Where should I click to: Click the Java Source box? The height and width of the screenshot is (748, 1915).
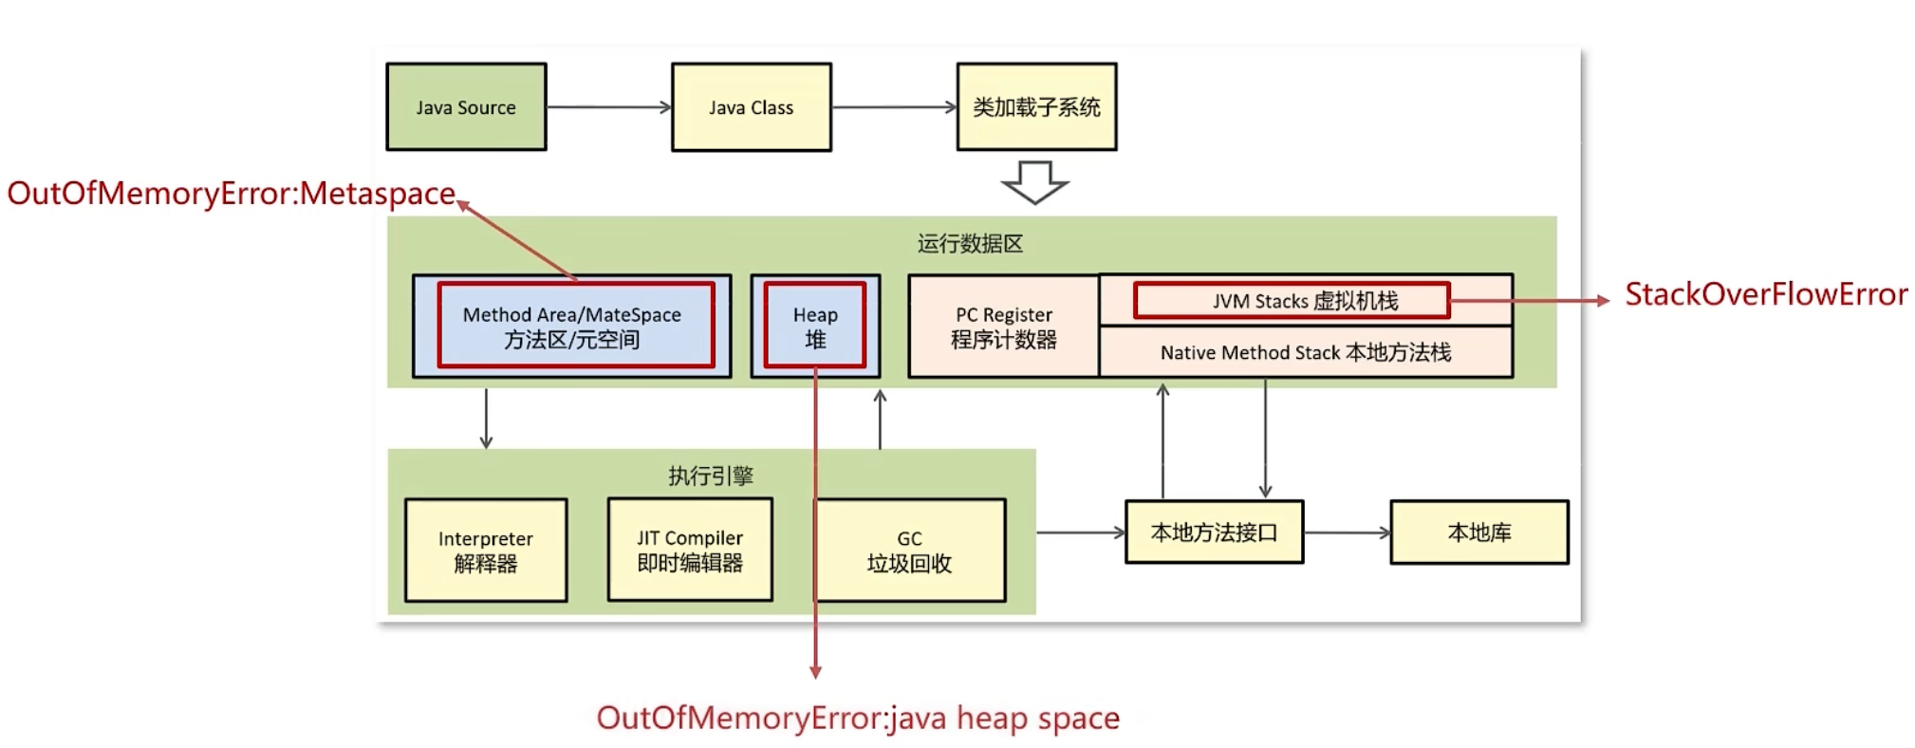point(466,107)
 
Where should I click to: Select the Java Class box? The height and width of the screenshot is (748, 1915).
point(751,107)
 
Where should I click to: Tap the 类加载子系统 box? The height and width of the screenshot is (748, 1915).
point(1036,107)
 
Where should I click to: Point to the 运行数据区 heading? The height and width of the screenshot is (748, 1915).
point(970,244)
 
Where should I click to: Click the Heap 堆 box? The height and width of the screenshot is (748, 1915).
point(815,327)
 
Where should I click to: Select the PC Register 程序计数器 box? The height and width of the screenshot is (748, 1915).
point(1003,327)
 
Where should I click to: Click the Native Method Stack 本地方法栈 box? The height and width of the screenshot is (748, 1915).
point(1305,352)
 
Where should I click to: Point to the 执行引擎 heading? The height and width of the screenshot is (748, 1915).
point(710,476)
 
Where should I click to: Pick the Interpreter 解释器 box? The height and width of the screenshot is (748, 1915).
point(486,551)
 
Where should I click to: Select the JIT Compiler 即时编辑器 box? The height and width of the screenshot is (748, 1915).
point(690,551)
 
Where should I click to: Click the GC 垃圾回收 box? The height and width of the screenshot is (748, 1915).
point(909,551)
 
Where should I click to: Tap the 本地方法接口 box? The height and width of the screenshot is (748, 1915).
point(1214,533)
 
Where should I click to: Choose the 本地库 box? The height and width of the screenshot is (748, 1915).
point(1478,533)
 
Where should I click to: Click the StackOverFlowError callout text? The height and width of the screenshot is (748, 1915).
point(1765,295)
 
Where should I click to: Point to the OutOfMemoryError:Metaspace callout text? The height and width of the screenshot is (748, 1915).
point(231,194)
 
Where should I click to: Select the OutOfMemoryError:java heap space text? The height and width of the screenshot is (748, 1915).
point(858,718)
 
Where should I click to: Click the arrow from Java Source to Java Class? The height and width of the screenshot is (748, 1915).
point(608,107)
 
